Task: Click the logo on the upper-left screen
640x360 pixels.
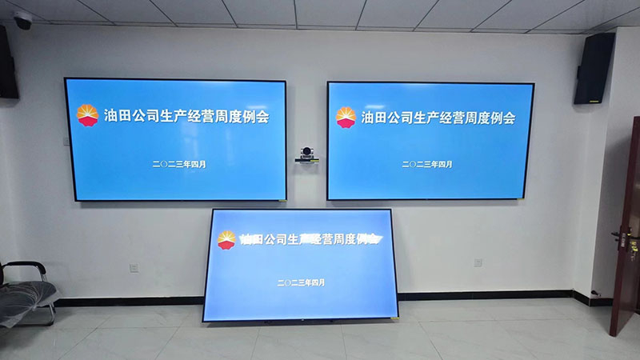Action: pos(87,116)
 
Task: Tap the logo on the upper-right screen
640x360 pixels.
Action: pos(346,117)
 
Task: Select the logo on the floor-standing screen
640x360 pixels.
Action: pos(227,239)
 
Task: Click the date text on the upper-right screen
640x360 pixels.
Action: pos(426,164)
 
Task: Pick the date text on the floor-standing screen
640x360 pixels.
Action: pos(301,282)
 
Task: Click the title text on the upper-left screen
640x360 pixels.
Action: pos(186,117)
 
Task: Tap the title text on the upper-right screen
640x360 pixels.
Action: pos(438,118)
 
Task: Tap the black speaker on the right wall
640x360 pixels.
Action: pos(594,69)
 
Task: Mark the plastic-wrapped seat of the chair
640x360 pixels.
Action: pos(24,300)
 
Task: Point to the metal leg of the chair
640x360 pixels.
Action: pos(50,312)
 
